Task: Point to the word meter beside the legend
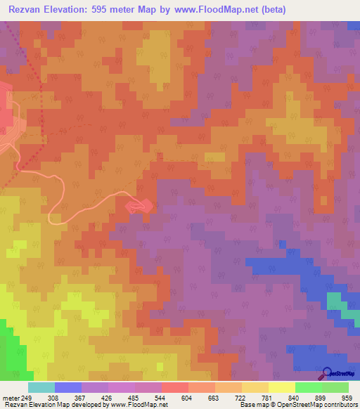click(x=11, y=398)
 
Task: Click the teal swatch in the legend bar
click(x=41, y=387)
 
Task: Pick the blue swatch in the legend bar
click(x=68, y=387)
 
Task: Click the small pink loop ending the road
click(x=139, y=205)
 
